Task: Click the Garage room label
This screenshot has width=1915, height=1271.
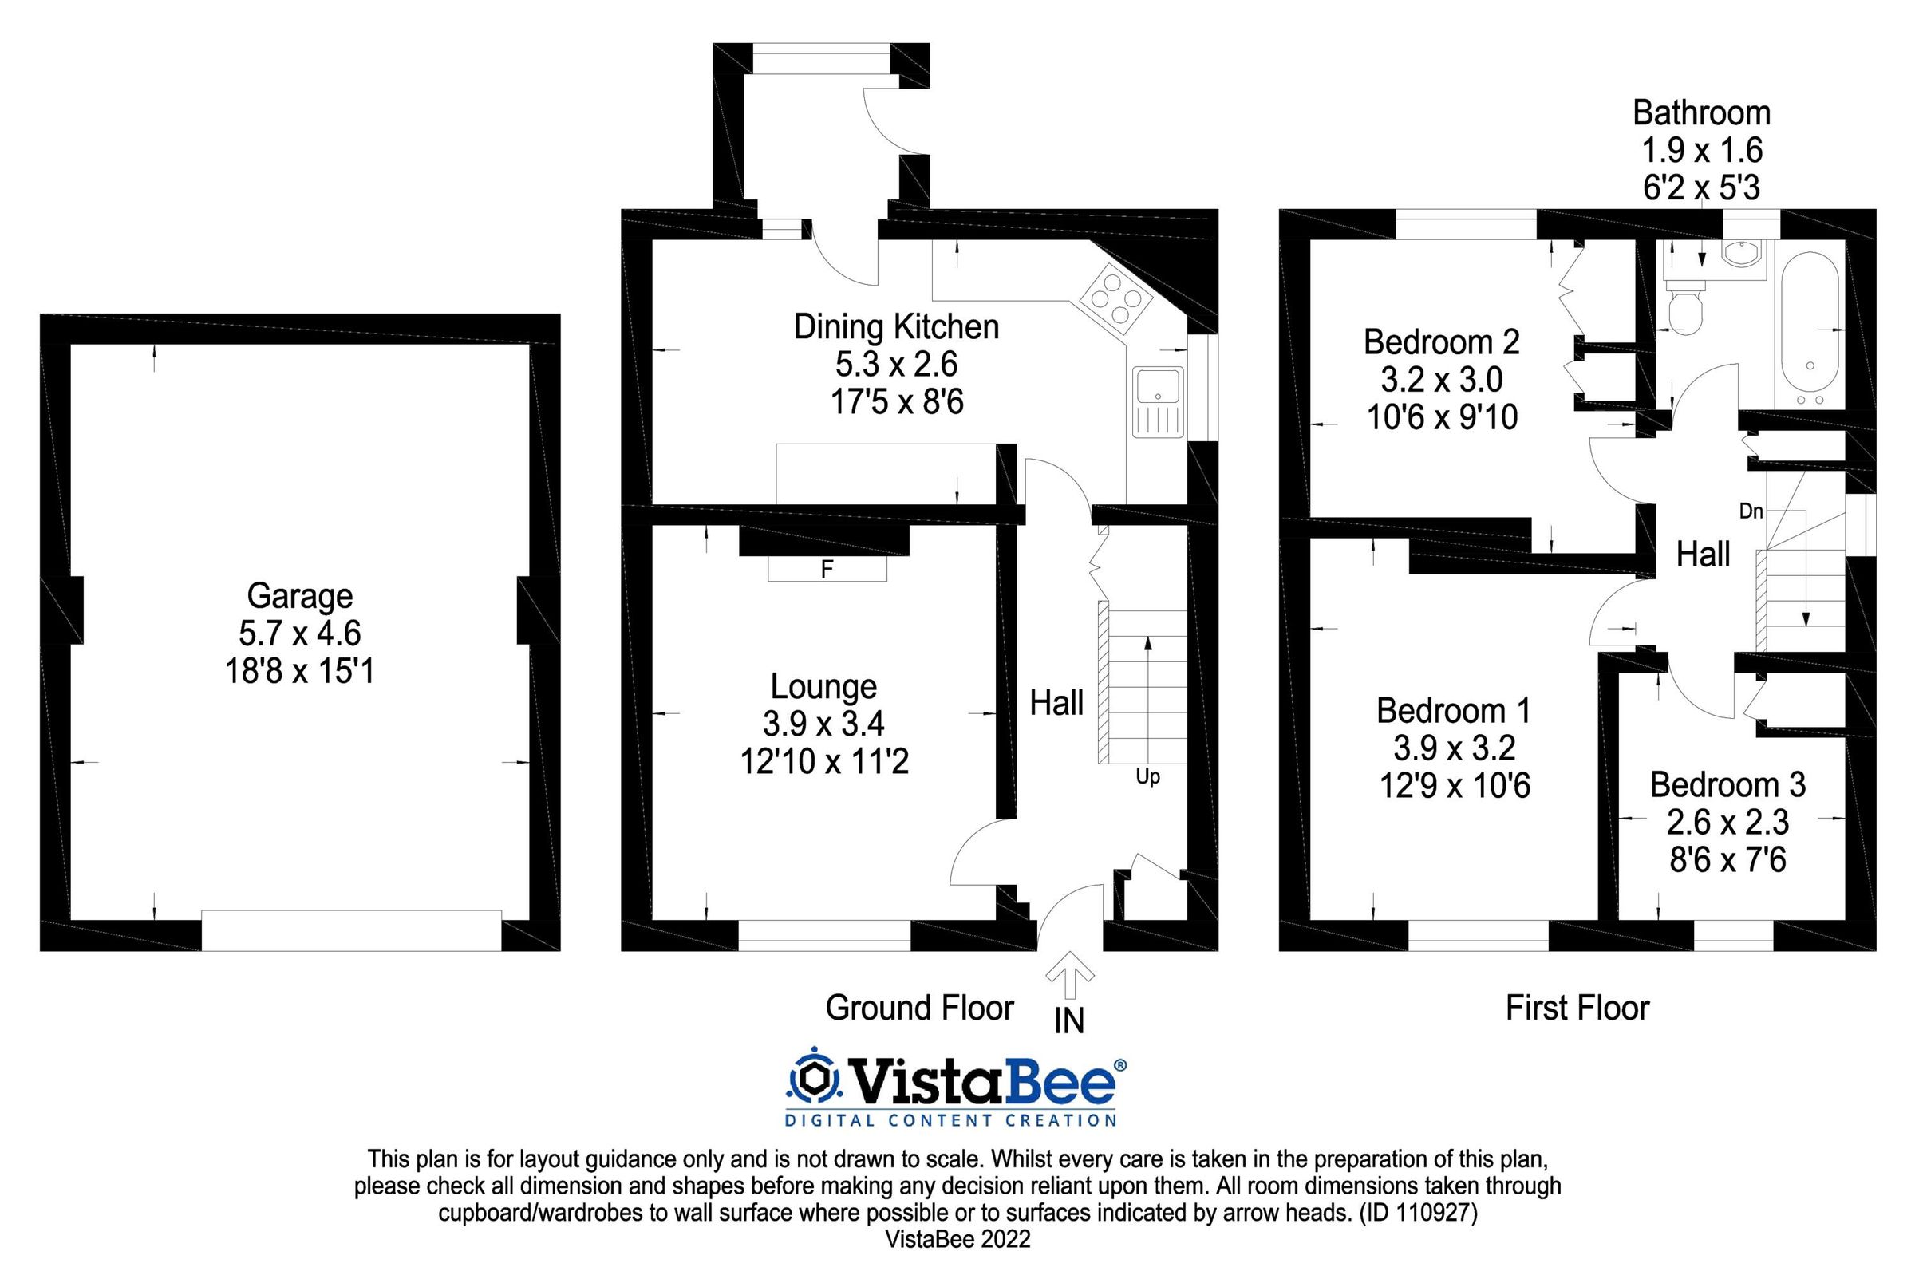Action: point(299,596)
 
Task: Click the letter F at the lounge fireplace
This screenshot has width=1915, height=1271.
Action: point(827,570)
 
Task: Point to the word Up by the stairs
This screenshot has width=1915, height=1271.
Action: point(1147,776)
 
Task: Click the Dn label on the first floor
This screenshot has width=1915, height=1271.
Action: point(1751,511)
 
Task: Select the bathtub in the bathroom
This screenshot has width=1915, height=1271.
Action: point(1810,329)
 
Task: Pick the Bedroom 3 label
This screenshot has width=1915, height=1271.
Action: point(1727,784)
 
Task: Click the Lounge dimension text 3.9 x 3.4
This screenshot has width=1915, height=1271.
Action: point(823,723)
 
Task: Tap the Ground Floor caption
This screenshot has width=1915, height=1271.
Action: point(919,1009)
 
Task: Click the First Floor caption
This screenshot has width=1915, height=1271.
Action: point(1577,1009)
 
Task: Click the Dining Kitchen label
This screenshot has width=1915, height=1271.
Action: point(895,326)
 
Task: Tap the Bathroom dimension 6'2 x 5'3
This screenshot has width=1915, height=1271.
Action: point(1701,188)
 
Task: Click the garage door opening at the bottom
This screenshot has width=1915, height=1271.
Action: point(351,930)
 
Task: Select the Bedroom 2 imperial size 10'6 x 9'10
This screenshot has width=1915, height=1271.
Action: point(1442,417)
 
